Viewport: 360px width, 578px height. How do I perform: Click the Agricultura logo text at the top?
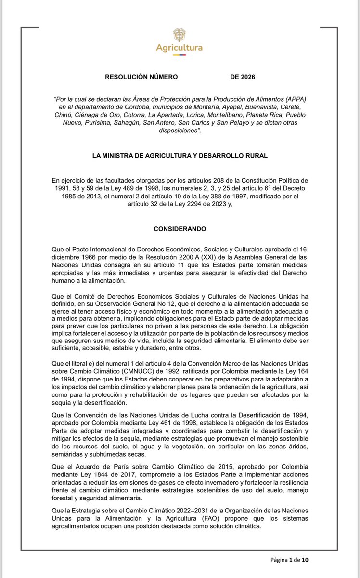179,48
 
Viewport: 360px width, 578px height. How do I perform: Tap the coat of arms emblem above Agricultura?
179,35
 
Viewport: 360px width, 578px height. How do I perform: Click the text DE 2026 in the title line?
243,77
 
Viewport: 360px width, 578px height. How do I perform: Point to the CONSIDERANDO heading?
180,231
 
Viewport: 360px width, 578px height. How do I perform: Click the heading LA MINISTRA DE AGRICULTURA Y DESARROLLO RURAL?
180,155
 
